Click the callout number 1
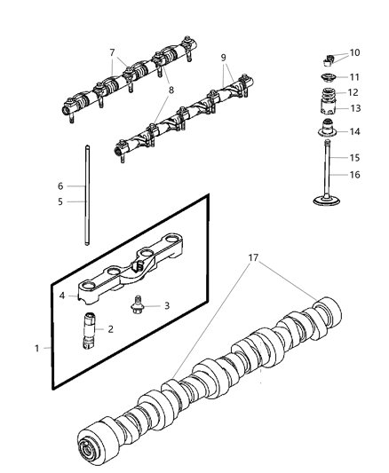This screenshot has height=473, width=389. (x=37, y=348)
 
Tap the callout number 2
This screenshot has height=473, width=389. (x=111, y=328)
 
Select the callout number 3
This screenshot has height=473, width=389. (x=165, y=305)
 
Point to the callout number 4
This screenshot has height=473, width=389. (x=62, y=296)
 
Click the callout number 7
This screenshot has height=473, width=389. (x=112, y=52)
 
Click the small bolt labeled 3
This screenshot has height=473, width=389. (x=137, y=308)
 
